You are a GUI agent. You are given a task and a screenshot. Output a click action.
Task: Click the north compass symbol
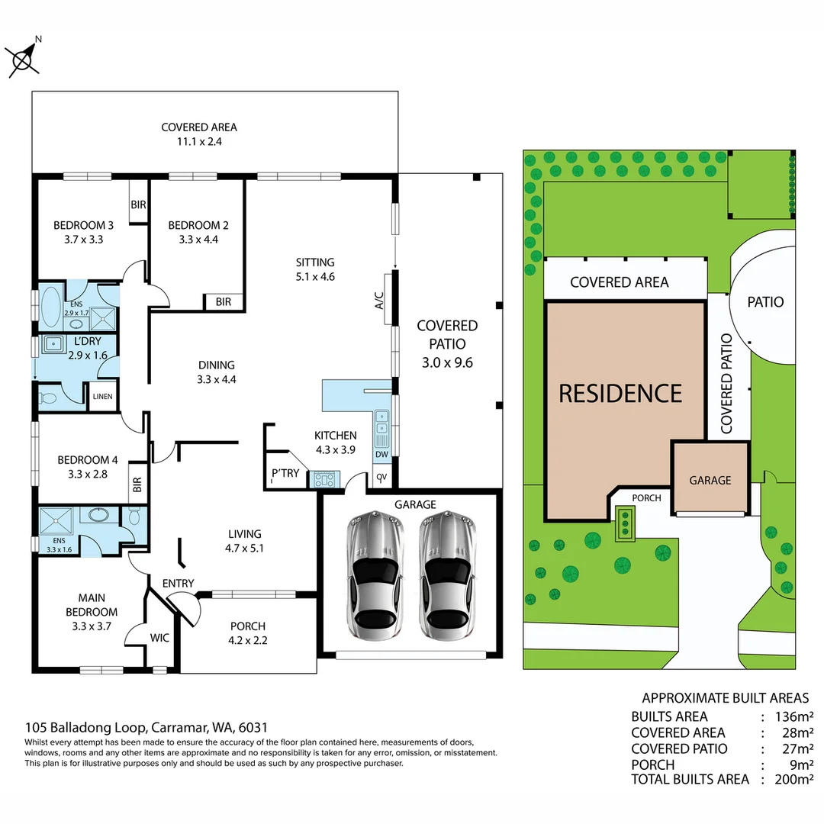(x=23, y=57)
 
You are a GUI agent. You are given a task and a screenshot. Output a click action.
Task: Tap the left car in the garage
(x=372, y=575)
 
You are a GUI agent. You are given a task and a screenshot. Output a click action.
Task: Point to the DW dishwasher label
(x=381, y=455)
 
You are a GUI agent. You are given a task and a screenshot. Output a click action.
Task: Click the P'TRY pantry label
(x=285, y=474)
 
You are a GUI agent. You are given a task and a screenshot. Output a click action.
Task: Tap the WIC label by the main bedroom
(x=159, y=636)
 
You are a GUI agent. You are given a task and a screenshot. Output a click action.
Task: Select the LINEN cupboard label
(x=103, y=397)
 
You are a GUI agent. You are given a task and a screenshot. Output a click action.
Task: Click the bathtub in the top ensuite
(x=53, y=306)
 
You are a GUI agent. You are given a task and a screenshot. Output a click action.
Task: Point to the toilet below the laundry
(x=50, y=398)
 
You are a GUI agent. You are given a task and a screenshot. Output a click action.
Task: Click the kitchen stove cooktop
(x=324, y=480)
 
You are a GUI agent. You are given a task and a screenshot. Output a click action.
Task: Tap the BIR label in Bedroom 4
(x=137, y=484)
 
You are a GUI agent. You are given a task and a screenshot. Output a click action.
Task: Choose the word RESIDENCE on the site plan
(x=620, y=394)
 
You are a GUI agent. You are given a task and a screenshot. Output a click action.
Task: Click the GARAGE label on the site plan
(x=710, y=481)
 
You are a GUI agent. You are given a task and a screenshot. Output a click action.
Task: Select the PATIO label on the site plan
(x=765, y=302)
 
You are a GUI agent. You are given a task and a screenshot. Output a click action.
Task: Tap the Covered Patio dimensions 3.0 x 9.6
(x=447, y=363)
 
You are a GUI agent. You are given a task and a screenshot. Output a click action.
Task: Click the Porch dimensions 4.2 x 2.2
(x=248, y=641)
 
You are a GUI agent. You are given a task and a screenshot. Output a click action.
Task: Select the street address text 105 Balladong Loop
(x=87, y=728)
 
